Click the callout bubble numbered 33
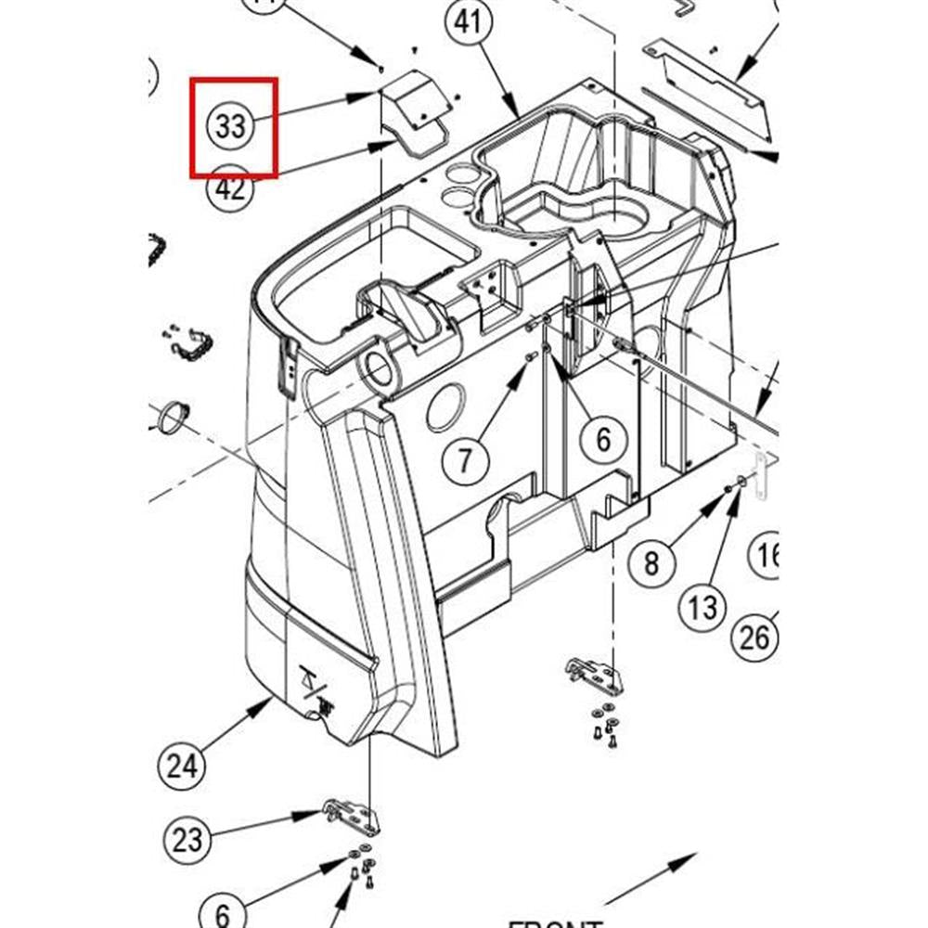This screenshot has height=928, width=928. [230, 125]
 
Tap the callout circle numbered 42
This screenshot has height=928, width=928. [230, 188]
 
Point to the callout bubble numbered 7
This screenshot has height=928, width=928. [465, 458]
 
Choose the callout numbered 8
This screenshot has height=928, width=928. [651, 562]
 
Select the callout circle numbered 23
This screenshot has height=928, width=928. [187, 841]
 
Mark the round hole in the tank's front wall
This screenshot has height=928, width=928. [447, 408]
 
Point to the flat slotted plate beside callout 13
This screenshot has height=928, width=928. [763, 475]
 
